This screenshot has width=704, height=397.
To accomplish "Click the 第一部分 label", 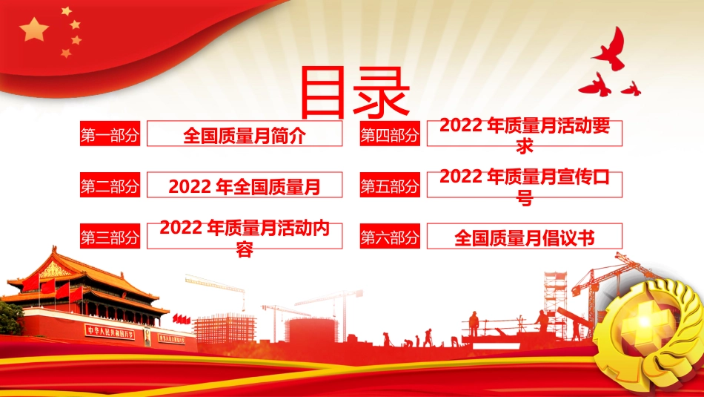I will (110, 135).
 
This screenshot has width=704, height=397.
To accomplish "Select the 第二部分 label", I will (110, 186).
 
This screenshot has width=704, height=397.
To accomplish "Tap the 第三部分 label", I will (110, 237).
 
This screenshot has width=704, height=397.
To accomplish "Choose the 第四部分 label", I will (390, 135).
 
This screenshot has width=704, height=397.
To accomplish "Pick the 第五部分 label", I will (390, 186).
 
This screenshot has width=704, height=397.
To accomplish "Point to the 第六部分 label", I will (390, 237).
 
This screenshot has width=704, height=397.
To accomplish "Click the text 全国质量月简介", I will (244, 135).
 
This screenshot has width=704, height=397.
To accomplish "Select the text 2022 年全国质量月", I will (244, 186).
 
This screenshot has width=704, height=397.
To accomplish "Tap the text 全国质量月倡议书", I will (525, 237).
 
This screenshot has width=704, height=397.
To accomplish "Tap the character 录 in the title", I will (382, 93).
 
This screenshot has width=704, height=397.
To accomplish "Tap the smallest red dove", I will (631, 88).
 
